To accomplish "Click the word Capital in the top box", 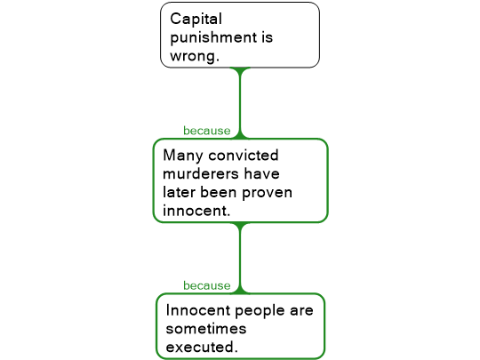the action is pyautogui.click(x=196, y=20).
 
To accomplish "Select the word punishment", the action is pyautogui.click(x=213, y=38).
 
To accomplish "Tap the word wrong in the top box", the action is pyautogui.click(x=195, y=56).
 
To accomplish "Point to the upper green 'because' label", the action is pyautogui.click(x=206, y=131).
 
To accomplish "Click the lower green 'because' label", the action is pyautogui.click(x=206, y=285).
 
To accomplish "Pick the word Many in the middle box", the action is pyautogui.click(x=183, y=156).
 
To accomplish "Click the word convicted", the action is pyautogui.click(x=244, y=156).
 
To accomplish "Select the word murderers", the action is pyautogui.click(x=201, y=174).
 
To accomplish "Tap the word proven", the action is pyautogui.click(x=267, y=193).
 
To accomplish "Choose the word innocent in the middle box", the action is pyautogui.click(x=196, y=211).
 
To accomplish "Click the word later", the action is pyautogui.click(x=179, y=192).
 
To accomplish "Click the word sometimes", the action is pyautogui.click(x=206, y=329).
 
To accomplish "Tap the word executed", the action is pyautogui.click(x=202, y=348).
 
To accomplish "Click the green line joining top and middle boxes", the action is pyautogui.click(x=240, y=103).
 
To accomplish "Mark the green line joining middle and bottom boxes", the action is pyautogui.click(x=240, y=258).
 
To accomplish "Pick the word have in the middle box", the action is pyautogui.click(x=261, y=174).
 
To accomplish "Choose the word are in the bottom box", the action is pyautogui.click(x=301, y=311).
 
